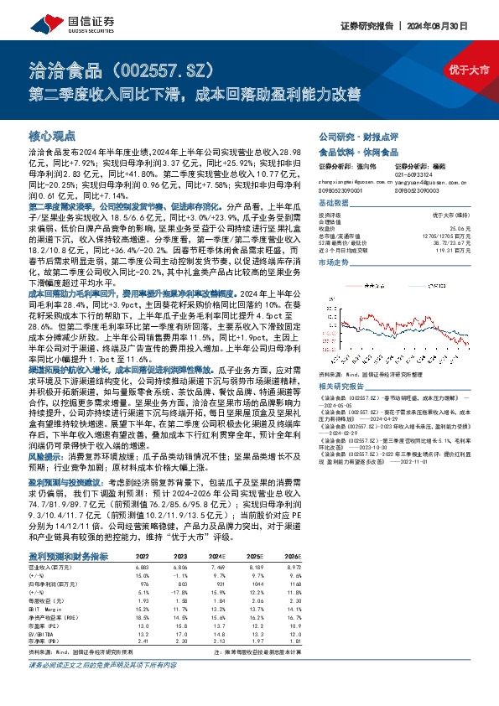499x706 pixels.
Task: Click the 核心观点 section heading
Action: tap(52, 135)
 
